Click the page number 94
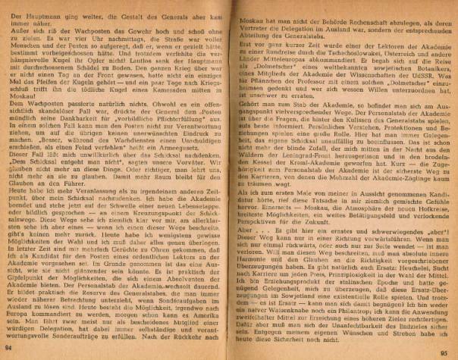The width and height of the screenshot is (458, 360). (8, 346)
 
